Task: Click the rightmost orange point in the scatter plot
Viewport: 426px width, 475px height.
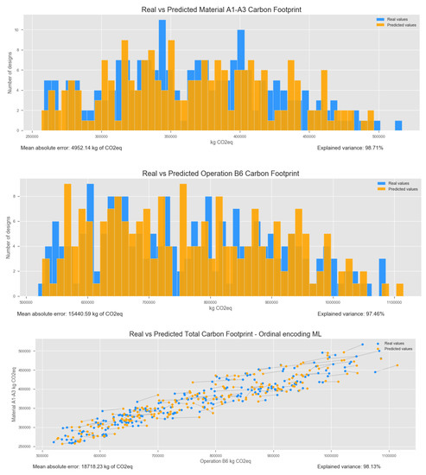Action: point(397,365)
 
